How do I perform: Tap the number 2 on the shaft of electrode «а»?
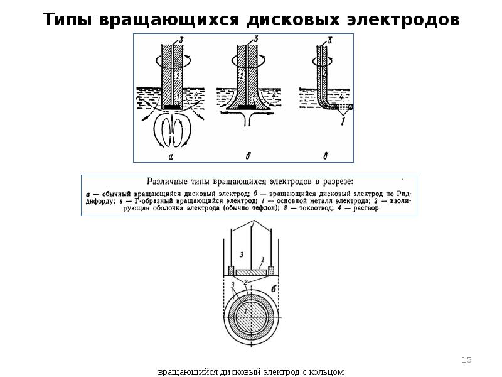point(178,76)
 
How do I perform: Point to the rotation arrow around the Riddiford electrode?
point(248,61)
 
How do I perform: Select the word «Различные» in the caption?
point(171,182)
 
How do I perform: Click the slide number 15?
point(466,360)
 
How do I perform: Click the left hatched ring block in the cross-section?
point(231,271)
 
